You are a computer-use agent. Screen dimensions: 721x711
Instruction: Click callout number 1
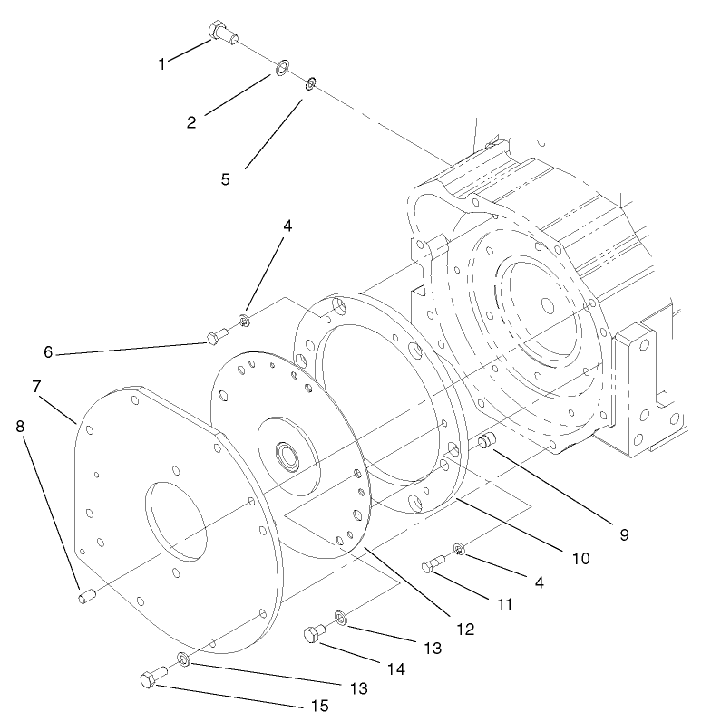(163, 63)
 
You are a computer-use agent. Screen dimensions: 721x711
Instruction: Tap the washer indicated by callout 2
(282, 67)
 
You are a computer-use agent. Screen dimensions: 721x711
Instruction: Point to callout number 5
(226, 178)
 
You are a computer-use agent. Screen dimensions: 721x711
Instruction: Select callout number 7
(36, 387)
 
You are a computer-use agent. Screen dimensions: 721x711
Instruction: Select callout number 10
(580, 559)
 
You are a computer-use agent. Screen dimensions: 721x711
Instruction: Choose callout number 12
(464, 628)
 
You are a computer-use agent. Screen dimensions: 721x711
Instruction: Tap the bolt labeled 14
(314, 636)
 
